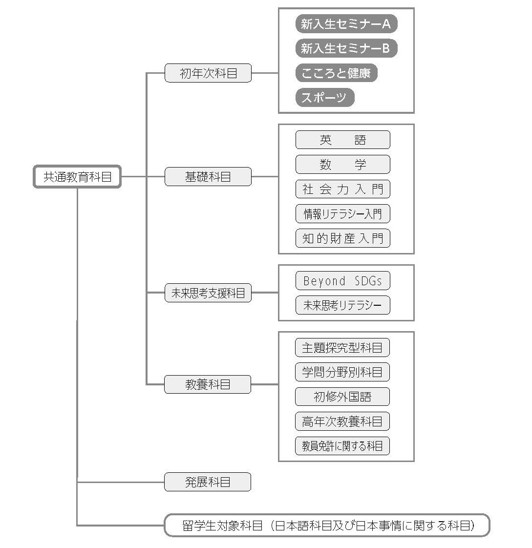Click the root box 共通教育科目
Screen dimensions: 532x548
pyautogui.click(x=77, y=176)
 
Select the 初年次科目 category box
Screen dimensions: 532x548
pyautogui.click(x=208, y=73)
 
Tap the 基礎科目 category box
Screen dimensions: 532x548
pyautogui.click(x=208, y=176)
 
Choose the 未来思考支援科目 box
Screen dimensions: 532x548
pyautogui.click(x=208, y=293)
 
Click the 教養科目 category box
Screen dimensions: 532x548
pyautogui.click(x=208, y=384)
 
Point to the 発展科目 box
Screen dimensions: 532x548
pyautogui.click(x=208, y=482)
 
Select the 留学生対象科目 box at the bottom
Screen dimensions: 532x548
pyautogui.click(x=327, y=525)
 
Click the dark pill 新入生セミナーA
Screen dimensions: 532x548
pyautogui.click(x=346, y=24)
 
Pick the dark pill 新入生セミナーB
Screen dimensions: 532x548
pyautogui.click(x=346, y=48)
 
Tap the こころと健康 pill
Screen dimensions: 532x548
pyautogui.click(x=336, y=73)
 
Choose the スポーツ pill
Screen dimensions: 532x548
pyautogui.click(x=325, y=98)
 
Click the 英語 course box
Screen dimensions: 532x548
pyautogui.click(x=343, y=140)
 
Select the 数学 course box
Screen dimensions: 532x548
pyautogui.click(x=343, y=164)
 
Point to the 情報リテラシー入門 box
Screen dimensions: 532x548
pyautogui.click(x=343, y=214)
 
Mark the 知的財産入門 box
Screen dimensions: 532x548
pyautogui.click(x=343, y=238)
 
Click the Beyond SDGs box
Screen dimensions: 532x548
pyautogui.click(x=343, y=281)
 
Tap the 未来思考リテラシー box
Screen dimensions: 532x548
pyautogui.click(x=343, y=305)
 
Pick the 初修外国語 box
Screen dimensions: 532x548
pyautogui.click(x=342, y=397)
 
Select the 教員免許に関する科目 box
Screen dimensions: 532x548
pyautogui.click(x=342, y=446)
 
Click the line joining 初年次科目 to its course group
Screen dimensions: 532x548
pyautogui.click(x=265, y=73)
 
